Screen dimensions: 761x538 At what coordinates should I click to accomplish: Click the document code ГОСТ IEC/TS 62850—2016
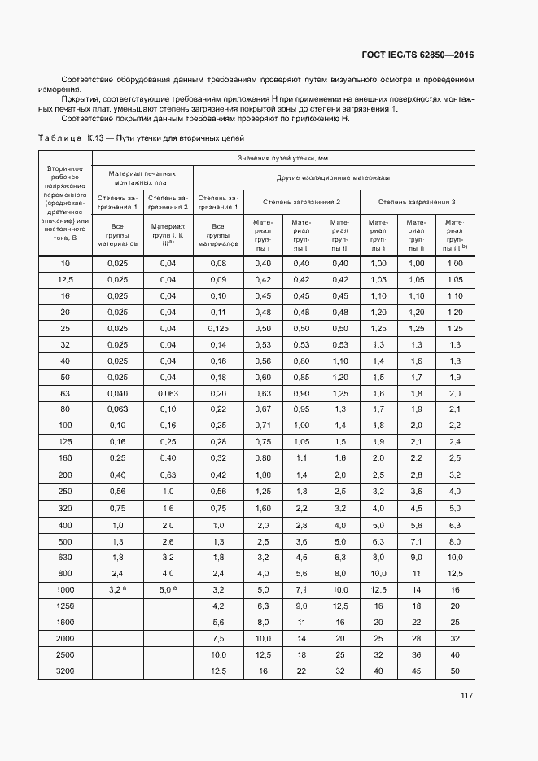(418, 55)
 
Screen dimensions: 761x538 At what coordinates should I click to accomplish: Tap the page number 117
(466, 695)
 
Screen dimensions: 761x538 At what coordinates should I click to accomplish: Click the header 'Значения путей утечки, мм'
(282, 158)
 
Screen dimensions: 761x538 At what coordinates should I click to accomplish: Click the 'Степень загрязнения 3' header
(417, 200)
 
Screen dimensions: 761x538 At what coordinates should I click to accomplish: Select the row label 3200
(65, 671)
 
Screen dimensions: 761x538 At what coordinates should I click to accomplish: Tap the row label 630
(65, 557)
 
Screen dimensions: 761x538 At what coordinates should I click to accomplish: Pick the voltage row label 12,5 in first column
(65, 279)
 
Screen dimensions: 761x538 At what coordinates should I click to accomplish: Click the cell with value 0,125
(218, 328)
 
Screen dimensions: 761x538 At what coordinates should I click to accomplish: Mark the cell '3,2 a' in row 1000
(118, 589)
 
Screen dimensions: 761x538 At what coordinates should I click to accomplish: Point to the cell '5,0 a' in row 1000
(168, 589)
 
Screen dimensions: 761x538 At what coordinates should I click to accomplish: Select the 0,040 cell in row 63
(118, 393)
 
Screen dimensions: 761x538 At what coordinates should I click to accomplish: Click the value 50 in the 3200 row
(455, 671)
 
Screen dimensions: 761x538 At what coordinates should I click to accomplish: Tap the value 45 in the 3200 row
(417, 671)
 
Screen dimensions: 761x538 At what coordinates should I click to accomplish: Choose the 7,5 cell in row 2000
(218, 638)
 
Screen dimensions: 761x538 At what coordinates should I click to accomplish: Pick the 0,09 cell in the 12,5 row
(218, 279)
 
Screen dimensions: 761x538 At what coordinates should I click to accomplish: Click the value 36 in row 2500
(417, 654)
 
